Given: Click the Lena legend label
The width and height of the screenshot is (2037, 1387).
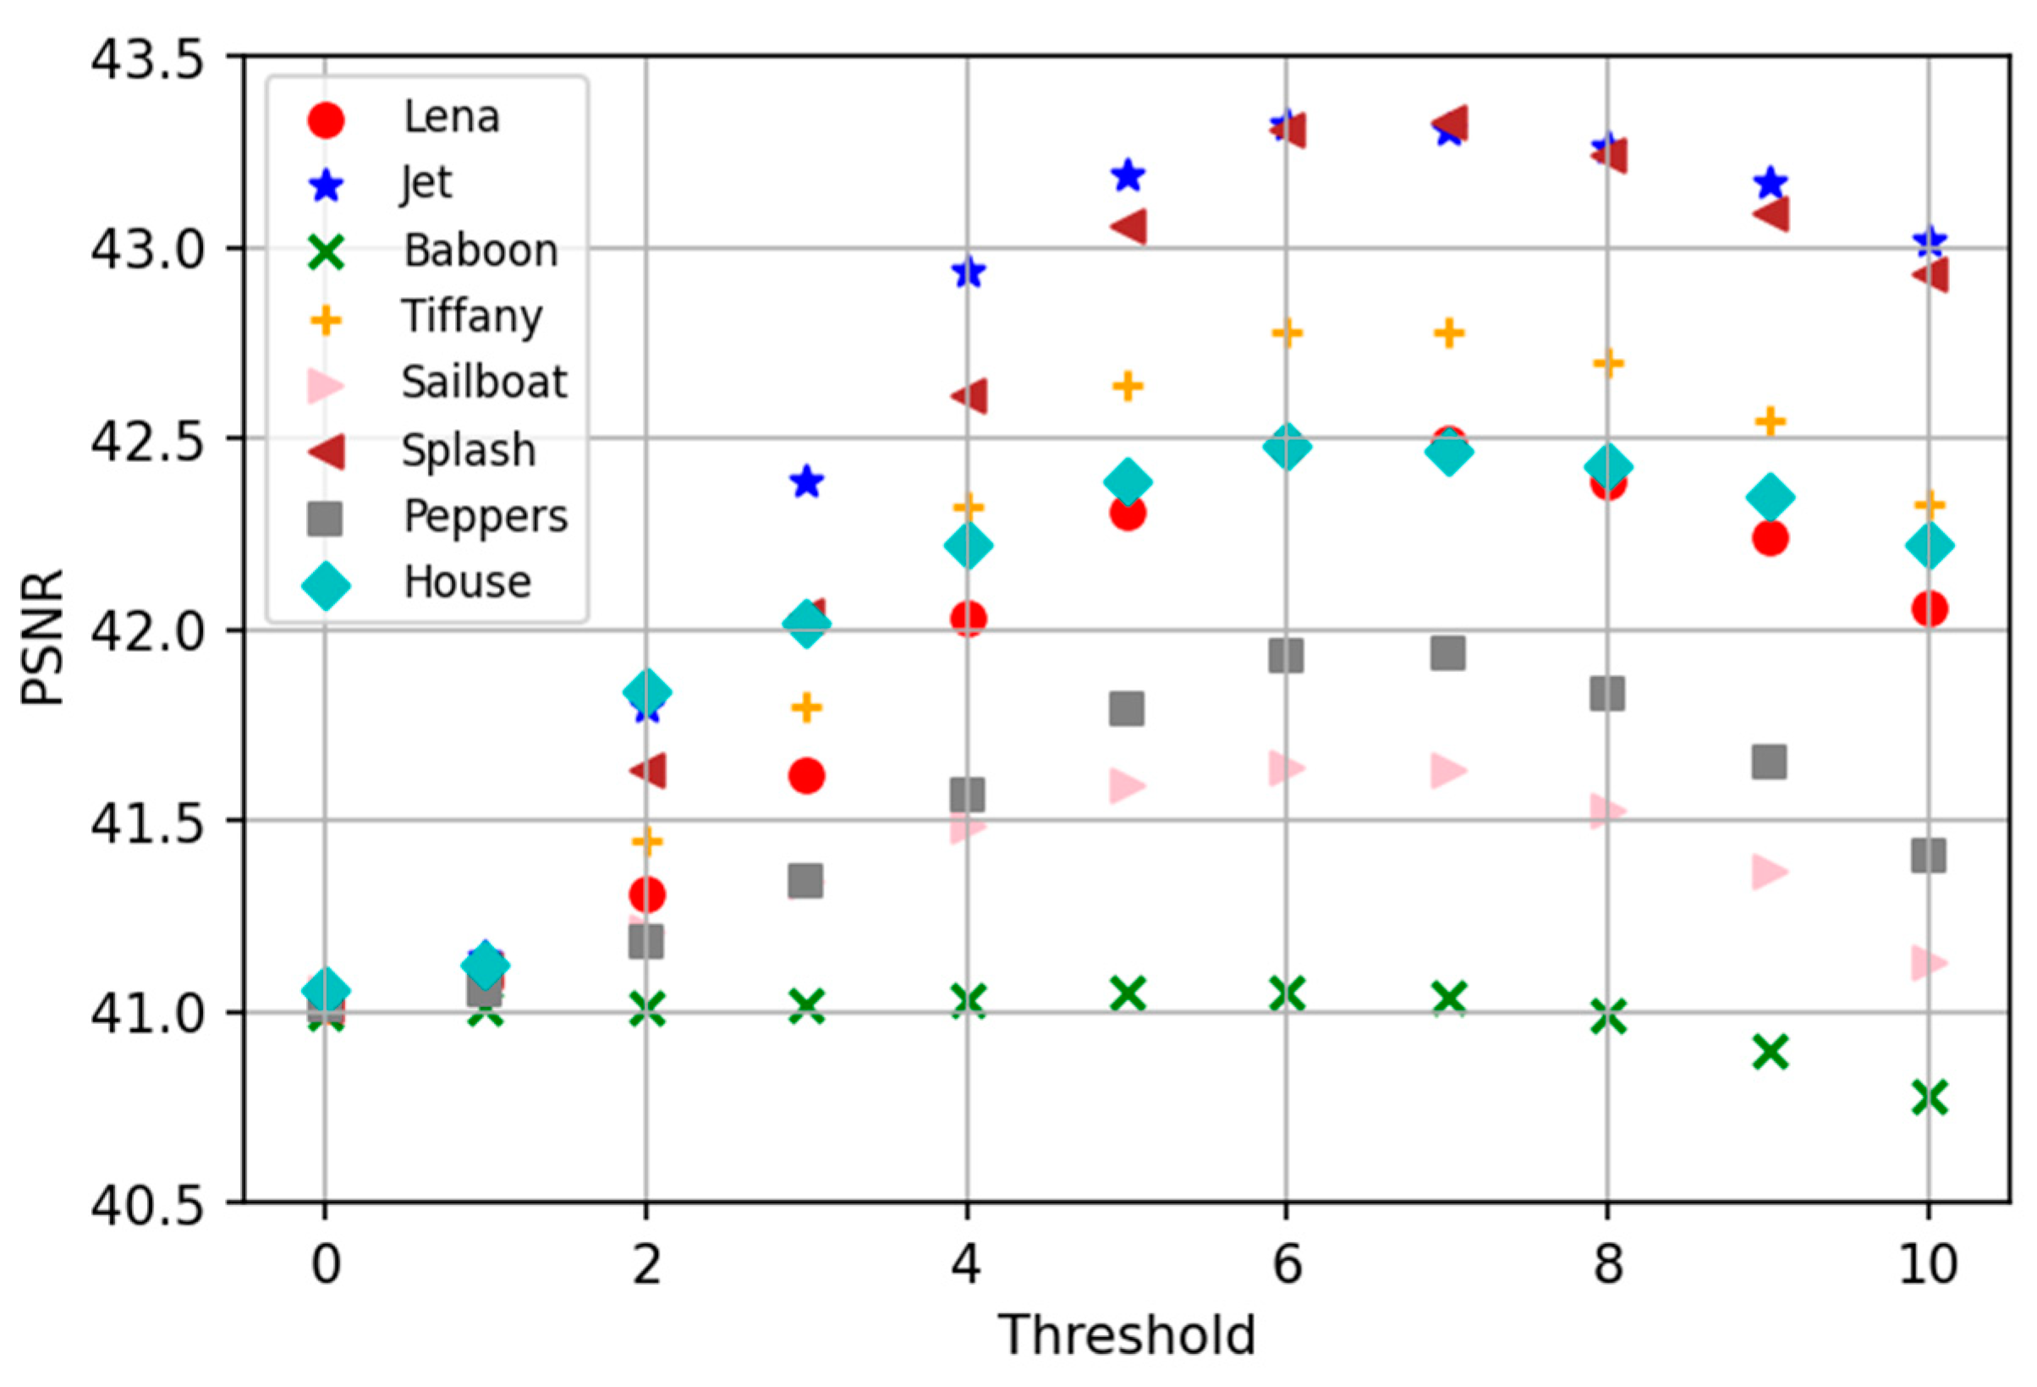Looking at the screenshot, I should click(451, 117).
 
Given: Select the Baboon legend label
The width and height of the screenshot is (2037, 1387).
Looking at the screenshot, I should click(480, 250).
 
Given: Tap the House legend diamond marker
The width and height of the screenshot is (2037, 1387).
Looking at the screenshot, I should click(325, 585).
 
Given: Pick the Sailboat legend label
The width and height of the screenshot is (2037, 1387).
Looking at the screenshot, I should click(484, 383).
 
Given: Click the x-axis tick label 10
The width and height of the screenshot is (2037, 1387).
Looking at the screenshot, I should click(1927, 1264).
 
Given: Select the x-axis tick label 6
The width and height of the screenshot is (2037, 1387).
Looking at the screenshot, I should click(1286, 1264).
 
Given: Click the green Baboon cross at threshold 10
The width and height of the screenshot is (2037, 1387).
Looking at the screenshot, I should click(1930, 1097).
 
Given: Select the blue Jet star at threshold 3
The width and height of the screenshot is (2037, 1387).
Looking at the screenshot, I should click(806, 482).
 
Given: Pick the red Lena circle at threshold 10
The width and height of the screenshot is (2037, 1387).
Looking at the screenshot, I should click(1930, 608).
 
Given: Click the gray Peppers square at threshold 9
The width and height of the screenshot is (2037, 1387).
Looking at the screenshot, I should click(1769, 762).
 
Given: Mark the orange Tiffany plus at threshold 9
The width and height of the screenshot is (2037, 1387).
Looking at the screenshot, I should click(1770, 421).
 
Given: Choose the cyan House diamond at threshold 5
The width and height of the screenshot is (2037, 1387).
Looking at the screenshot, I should click(1127, 482).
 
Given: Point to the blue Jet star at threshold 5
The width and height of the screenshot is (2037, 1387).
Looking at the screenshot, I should click(1127, 175).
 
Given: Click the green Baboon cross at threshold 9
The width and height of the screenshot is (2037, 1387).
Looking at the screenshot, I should click(1770, 1051).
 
